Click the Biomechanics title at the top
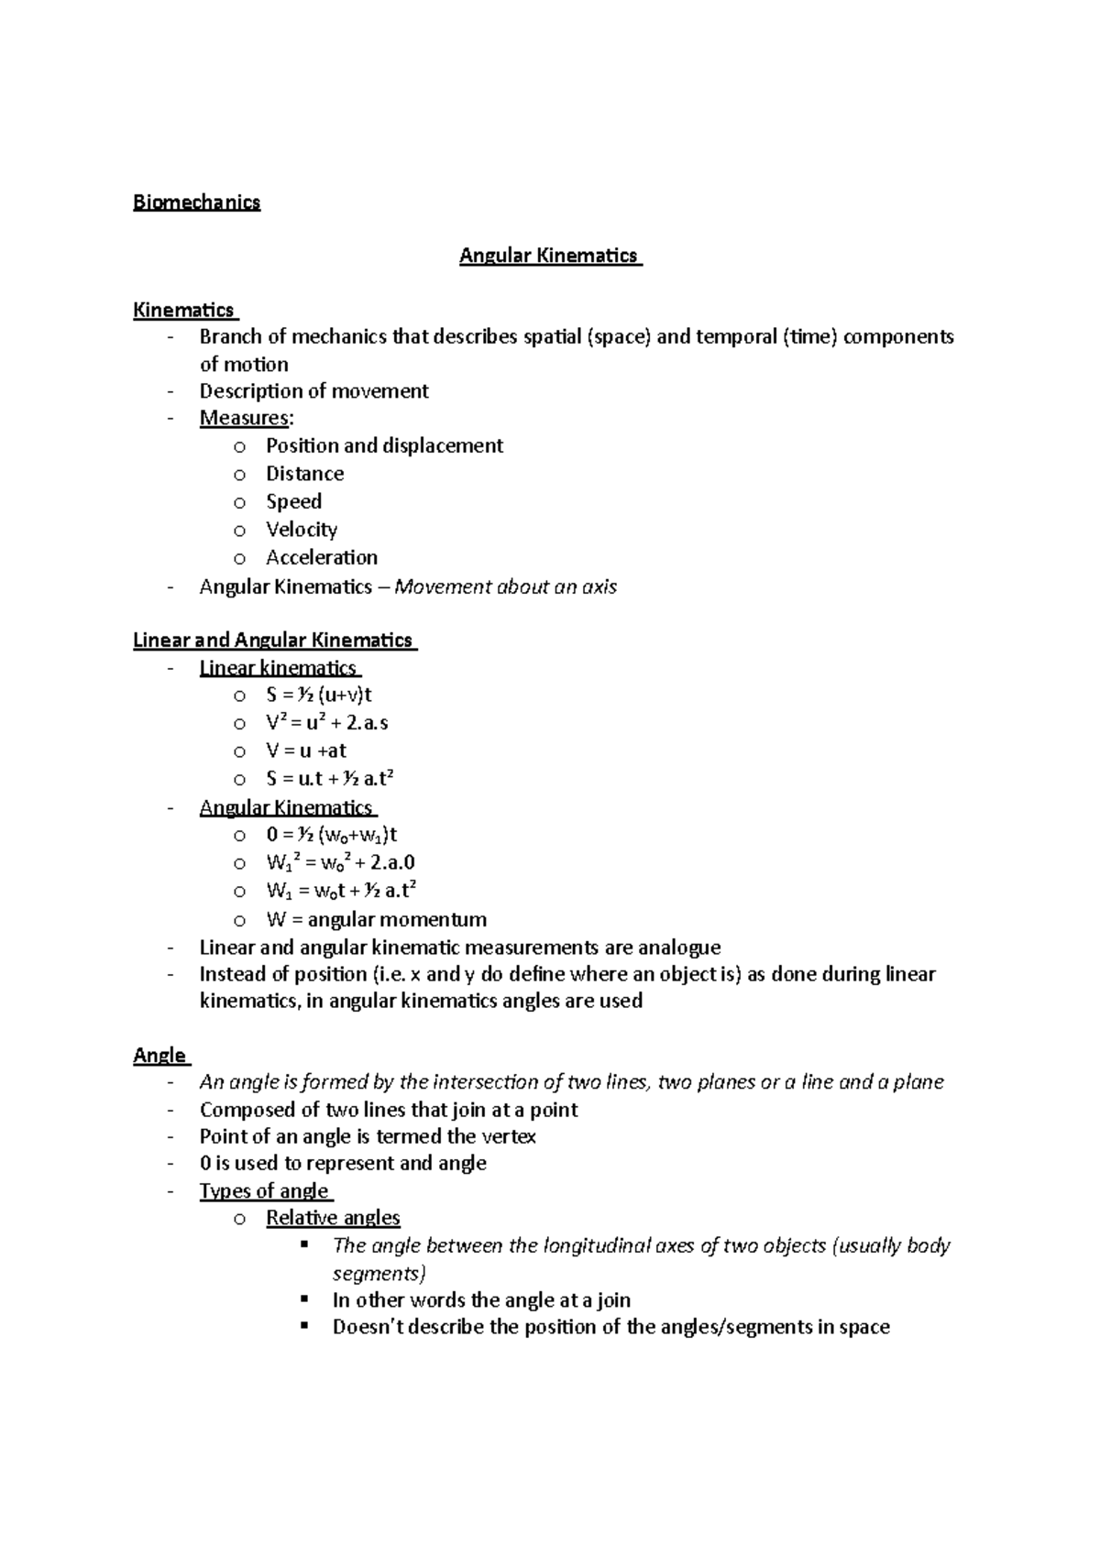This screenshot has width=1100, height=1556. click(x=196, y=203)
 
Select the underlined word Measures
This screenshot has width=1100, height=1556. click(x=244, y=418)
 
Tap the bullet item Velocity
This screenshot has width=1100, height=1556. click(x=302, y=530)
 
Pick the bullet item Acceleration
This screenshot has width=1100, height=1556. click(x=321, y=557)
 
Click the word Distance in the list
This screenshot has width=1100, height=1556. click(x=304, y=474)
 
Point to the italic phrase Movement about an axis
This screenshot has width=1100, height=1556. click(x=505, y=586)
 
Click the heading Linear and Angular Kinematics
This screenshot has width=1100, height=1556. click(x=273, y=640)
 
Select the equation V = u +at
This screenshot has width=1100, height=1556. click(x=306, y=751)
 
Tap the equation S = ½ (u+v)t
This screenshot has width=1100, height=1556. click(x=318, y=695)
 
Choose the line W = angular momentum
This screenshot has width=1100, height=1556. click(x=376, y=919)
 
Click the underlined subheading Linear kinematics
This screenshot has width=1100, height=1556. click(x=278, y=667)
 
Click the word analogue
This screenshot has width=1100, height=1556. click(x=679, y=947)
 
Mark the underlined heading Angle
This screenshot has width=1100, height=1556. click(x=159, y=1055)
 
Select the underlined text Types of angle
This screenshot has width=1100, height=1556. click(x=264, y=1190)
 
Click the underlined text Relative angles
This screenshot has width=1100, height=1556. click(x=333, y=1218)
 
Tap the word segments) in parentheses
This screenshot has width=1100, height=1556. click(x=379, y=1273)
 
